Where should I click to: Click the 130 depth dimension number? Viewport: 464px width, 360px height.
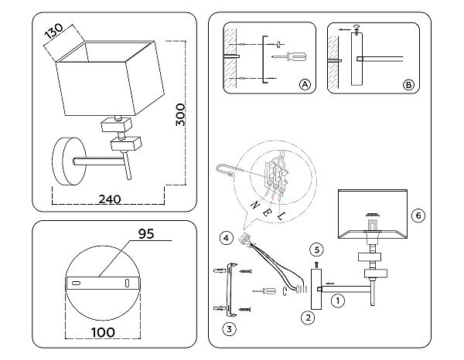[x=54, y=32]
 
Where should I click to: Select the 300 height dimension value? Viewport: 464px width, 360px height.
[x=180, y=114]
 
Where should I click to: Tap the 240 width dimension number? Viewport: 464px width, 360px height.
[x=110, y=199]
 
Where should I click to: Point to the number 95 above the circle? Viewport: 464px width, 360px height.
[x=146, y=234]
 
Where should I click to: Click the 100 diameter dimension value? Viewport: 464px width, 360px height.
[x=103, y=332]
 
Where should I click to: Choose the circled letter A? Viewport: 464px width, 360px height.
[x=305, y=85]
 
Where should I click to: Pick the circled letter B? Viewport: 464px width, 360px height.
[x=408, y=85]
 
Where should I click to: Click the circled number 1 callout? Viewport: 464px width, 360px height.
[x=338, y=301]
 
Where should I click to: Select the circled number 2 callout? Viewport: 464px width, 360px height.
[x=308, y=318]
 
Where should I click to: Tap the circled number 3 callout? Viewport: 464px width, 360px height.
[x=230, y=329]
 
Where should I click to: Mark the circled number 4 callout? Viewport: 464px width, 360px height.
[x=227, y=238]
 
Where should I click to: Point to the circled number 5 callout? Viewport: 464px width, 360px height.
[x=316, y=250]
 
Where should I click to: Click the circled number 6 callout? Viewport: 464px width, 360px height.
[x=418, y=216]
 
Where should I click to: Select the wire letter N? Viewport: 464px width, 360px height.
[x=255, y=205]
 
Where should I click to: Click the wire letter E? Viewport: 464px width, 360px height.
[x=266, y=212]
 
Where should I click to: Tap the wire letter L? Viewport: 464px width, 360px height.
[x=281, y=216]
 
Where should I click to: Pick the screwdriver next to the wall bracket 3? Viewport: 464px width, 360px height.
[x=264, y=291]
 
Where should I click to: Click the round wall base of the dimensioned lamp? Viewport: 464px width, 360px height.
[x=70, y=161]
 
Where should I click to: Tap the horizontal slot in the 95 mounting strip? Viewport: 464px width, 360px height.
[x=76, y=283]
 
